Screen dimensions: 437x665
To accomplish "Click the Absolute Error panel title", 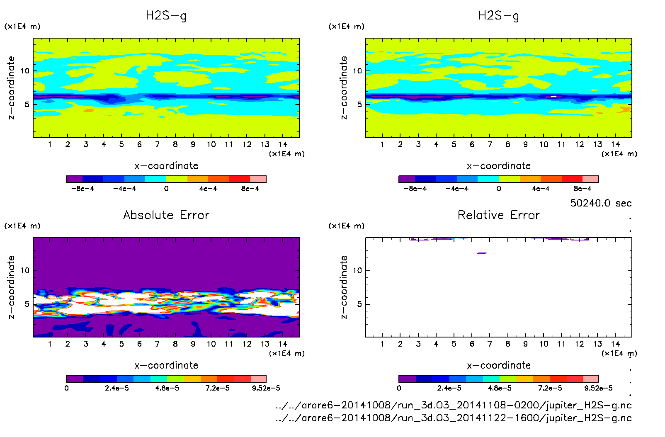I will tap(166, 215).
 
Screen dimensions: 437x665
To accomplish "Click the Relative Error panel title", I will tap(499, 215).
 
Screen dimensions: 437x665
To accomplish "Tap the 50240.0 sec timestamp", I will tap(601, 203).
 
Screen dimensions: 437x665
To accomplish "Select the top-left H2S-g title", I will tap(166, 16).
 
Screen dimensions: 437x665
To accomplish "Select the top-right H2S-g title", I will tap(499, 16).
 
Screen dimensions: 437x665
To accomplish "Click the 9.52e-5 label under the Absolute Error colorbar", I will tap(266, 388).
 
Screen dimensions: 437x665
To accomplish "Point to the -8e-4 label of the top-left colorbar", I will tap(83, 189).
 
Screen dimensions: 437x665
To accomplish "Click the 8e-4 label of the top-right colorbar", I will tap(582, 189).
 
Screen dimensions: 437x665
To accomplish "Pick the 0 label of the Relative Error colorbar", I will tap(399, 388).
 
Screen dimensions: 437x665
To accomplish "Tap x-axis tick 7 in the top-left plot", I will tap(157, 144).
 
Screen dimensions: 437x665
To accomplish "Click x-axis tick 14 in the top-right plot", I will tap(615, 144).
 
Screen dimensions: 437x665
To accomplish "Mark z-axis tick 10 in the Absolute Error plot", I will tap(25, 271).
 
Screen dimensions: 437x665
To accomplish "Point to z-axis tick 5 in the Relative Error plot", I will tap(359, 304).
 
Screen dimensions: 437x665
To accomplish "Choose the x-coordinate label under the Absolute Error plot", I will tap(166, 365).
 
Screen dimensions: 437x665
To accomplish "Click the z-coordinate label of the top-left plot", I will tap(11, 88).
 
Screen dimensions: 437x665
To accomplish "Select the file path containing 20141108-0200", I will tap(454, 405).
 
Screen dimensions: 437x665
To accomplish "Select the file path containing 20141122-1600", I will tap(454, 418).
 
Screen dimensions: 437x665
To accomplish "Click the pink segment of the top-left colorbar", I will tap(258, 179).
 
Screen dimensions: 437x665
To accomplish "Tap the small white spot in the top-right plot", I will tap(553, 96).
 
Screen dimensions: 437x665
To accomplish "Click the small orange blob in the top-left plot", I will tap(89, 111).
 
